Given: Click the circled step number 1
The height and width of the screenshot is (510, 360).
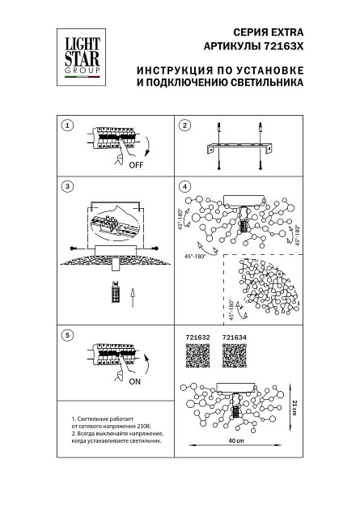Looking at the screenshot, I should point(68,125).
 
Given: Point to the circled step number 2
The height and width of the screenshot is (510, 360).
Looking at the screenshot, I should point(184,125).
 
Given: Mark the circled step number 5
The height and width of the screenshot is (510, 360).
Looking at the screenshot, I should point(68,334).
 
